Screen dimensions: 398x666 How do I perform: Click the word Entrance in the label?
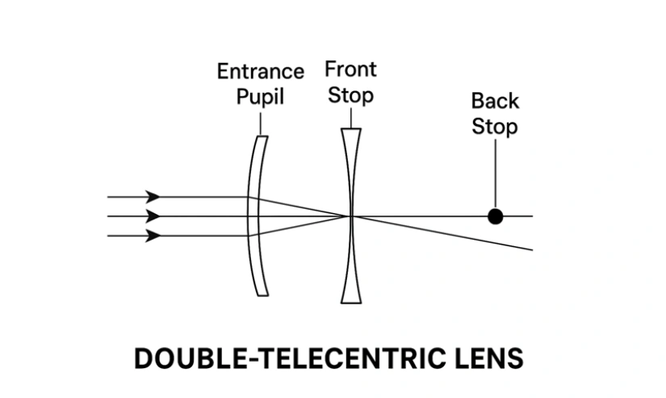click(x=260, y=72)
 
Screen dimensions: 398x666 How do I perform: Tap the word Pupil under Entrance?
click(x=260, y=97)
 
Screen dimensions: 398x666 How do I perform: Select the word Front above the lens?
click(x=350, y=69)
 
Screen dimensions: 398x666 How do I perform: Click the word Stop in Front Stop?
click(x=350, y=95)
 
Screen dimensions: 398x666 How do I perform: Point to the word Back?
click(x=495, y=102)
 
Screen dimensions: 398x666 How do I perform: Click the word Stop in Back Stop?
click(x=495, y=127)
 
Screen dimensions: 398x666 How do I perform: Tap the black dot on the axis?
click(x=495, y=216)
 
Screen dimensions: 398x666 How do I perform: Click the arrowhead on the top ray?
click(x=153, y=196)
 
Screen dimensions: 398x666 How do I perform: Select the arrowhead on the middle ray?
click(x=153, y=216)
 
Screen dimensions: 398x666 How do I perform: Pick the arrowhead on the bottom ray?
click(x=153, y=236)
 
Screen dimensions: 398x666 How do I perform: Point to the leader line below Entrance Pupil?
click(x=260, y=122)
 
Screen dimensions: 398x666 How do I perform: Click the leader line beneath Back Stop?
click(x=495, y=174)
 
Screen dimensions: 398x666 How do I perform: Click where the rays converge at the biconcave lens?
click(x=350, y=216)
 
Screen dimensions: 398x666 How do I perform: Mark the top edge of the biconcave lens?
click(x=350, y=129)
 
